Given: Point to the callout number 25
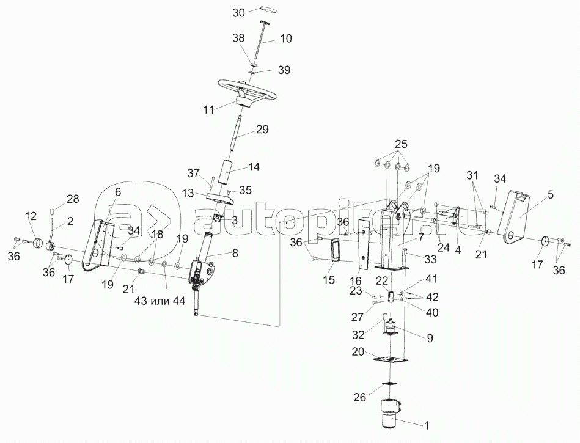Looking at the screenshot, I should click(400, 145).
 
